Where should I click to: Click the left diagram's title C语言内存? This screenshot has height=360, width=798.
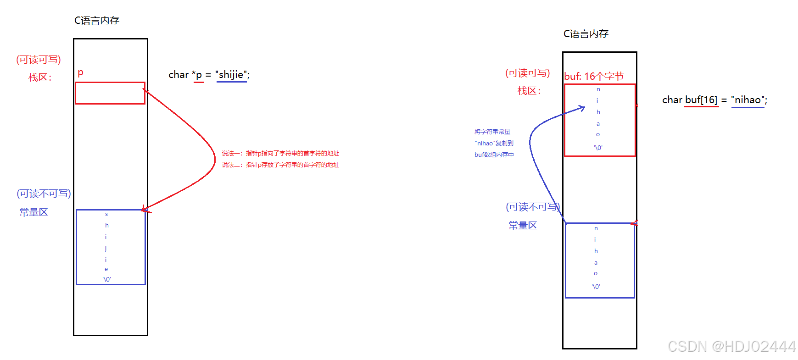point(97,21)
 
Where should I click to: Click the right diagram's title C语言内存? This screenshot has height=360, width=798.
point(586,34)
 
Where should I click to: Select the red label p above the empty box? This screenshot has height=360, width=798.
point(81,72)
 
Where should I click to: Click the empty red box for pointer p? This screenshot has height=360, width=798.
point(110,93)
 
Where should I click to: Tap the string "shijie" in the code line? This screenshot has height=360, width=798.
point(231,75)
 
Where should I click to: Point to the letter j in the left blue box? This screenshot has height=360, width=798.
point(106,248)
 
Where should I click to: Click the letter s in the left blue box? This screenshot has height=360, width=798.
point(106,214)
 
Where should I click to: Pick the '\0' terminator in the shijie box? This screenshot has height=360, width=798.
point(107,279)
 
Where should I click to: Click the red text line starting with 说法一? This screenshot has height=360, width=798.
point(280,153)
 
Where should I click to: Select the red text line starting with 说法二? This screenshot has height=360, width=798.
point(280,165)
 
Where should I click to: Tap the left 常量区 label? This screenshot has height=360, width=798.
point(33,212)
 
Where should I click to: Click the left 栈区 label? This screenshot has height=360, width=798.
point(40,78)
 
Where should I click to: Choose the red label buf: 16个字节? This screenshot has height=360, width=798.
point(594,76)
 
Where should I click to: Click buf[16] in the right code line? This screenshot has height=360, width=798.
point(701,100)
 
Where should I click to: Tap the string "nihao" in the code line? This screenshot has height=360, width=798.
point(748,100)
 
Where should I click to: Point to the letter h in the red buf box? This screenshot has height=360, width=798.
point(598,112)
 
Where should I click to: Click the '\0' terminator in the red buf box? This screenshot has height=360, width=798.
point(598,148)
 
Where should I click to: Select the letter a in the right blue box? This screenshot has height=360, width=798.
point(596,263)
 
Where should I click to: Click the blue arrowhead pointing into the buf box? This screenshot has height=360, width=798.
point(582,109)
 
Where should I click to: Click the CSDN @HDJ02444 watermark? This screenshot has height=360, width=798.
point(731,346)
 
